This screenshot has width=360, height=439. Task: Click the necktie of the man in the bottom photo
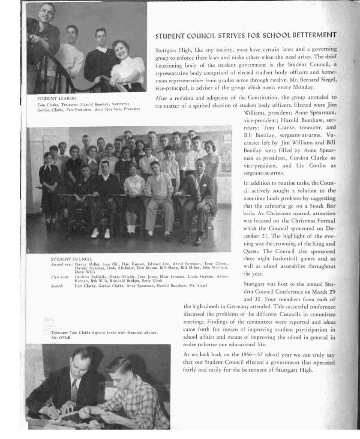pyautogui.click(x=74, y=390)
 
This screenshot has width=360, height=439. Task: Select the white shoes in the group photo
pyautogui.click(x=101, y=233)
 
